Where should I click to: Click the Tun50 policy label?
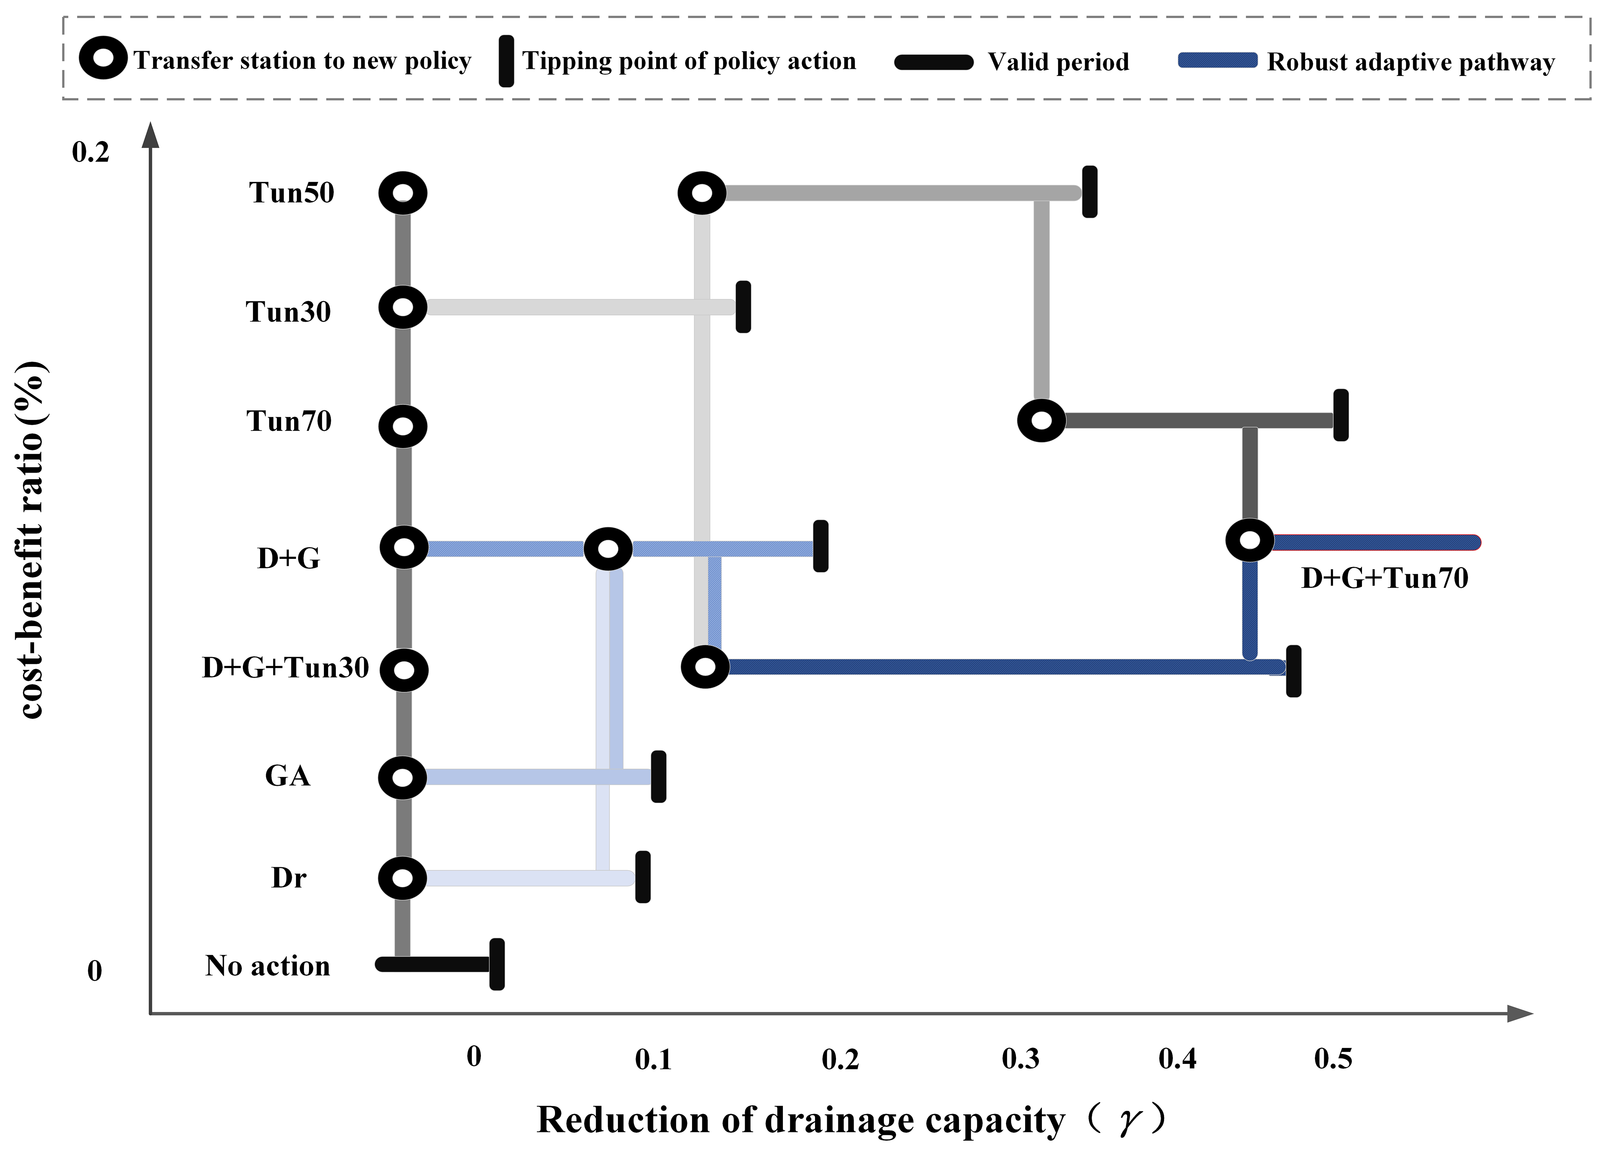(x=291, y=193)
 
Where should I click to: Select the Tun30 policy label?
(x=288, y=312)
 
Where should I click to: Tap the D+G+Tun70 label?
(x=1384, y=579)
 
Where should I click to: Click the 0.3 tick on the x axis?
(x=1021, y=1058)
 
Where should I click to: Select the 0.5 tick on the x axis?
(x=1333, y=1058)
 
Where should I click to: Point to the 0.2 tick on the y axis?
(x=91, y=152)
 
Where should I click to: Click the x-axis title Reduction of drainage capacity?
(x=800, y=1120)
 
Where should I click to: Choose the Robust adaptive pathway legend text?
(x=1410, y=62)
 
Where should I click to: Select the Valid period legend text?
(x=1058, y=62)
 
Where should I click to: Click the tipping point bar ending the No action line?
(x=497, y=964)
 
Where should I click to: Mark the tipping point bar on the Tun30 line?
(x=743, y=307)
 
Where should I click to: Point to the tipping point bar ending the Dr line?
(x=642, y=877)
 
